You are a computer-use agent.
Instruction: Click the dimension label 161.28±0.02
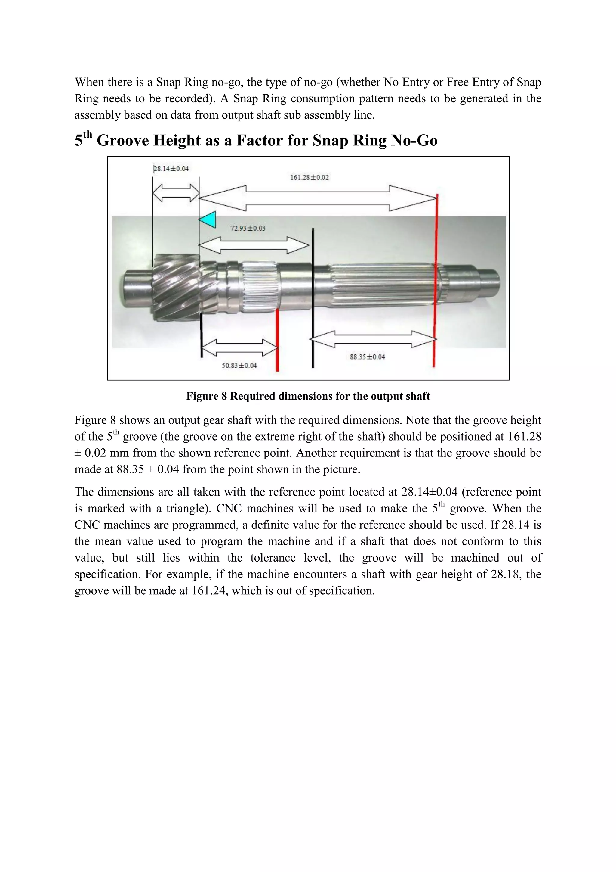click(310, 177)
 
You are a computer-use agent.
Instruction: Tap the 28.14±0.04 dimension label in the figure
click(171, 168)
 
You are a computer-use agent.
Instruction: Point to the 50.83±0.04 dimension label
click(239, 365)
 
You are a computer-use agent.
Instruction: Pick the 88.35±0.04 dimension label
click(367, 357)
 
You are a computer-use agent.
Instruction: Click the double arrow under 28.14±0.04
click(176, 193)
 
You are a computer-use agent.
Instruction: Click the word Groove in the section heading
click(123, 141)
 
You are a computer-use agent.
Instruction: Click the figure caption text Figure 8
click(206, 396)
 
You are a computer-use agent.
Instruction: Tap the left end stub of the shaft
click(137, 287)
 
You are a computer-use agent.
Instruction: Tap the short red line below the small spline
click(277, 340)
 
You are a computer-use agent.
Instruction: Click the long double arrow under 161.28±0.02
click(318, 198)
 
